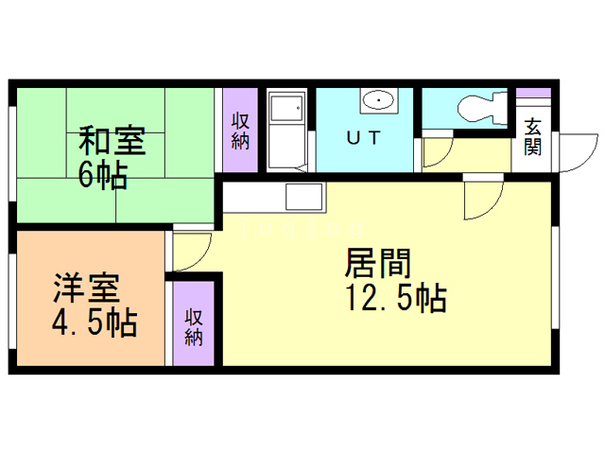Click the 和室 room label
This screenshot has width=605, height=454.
click(x=112, y=141)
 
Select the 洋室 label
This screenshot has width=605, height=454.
click(x=85, y=287)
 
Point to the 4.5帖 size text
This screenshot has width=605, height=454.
click(x=93, y=322)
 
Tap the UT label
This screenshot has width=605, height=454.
click(x=363, y=138)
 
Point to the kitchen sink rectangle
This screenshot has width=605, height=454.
click(x=304, y=200)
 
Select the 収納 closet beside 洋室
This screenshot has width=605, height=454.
click(x=195, y=325)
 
